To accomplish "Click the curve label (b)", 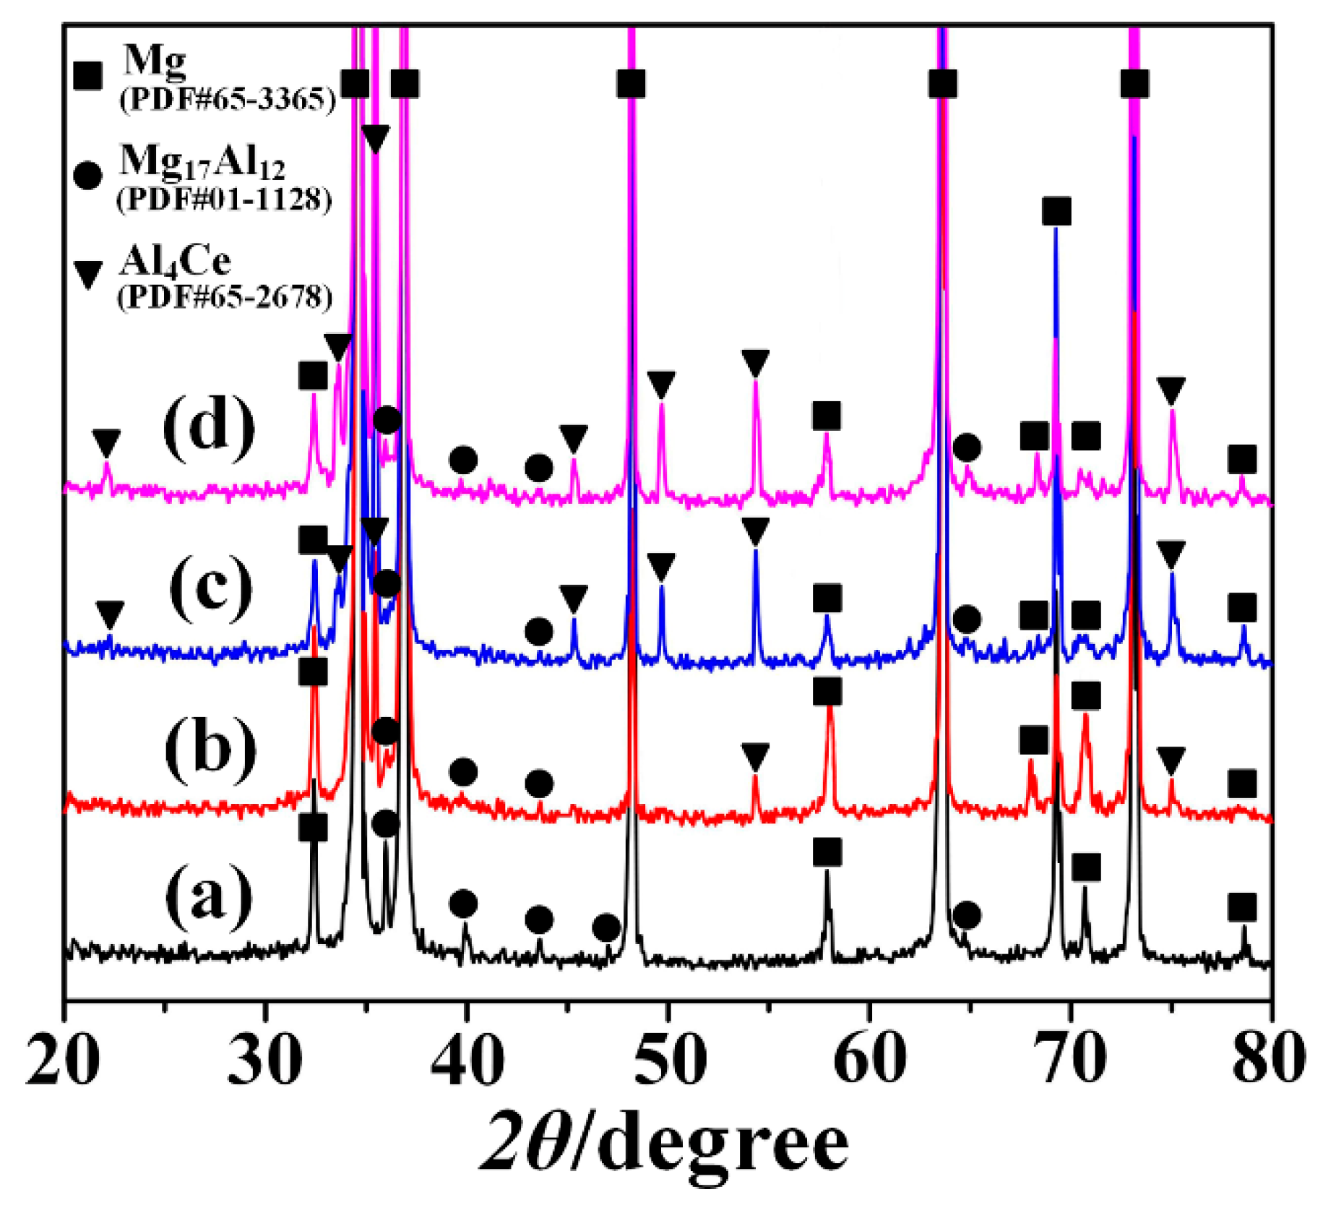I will click(x=210, y=747).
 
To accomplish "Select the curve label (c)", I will click(x=211, y=586).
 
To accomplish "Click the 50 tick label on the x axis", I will click(x=665, y=1058).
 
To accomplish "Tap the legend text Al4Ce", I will click(x=176, y=261).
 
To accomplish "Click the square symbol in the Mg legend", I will click(x=88, y=75).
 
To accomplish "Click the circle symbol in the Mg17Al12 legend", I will click(x=88, y=176).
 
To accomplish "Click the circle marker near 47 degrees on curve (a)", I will click(x=606, y=927).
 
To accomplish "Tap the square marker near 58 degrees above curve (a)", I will click(x=827, y=852).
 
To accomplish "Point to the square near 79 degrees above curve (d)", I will click(x=1241, y=459).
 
